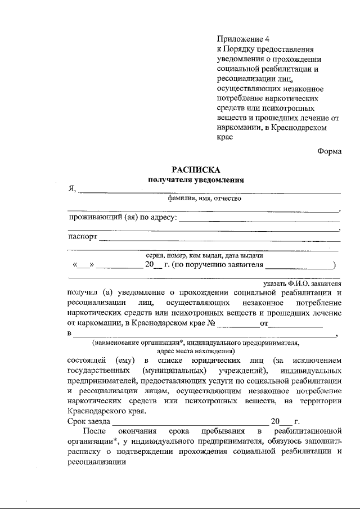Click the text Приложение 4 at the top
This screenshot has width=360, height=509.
244,39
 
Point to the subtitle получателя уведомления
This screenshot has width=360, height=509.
196,180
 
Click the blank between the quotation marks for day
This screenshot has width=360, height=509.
83,264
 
